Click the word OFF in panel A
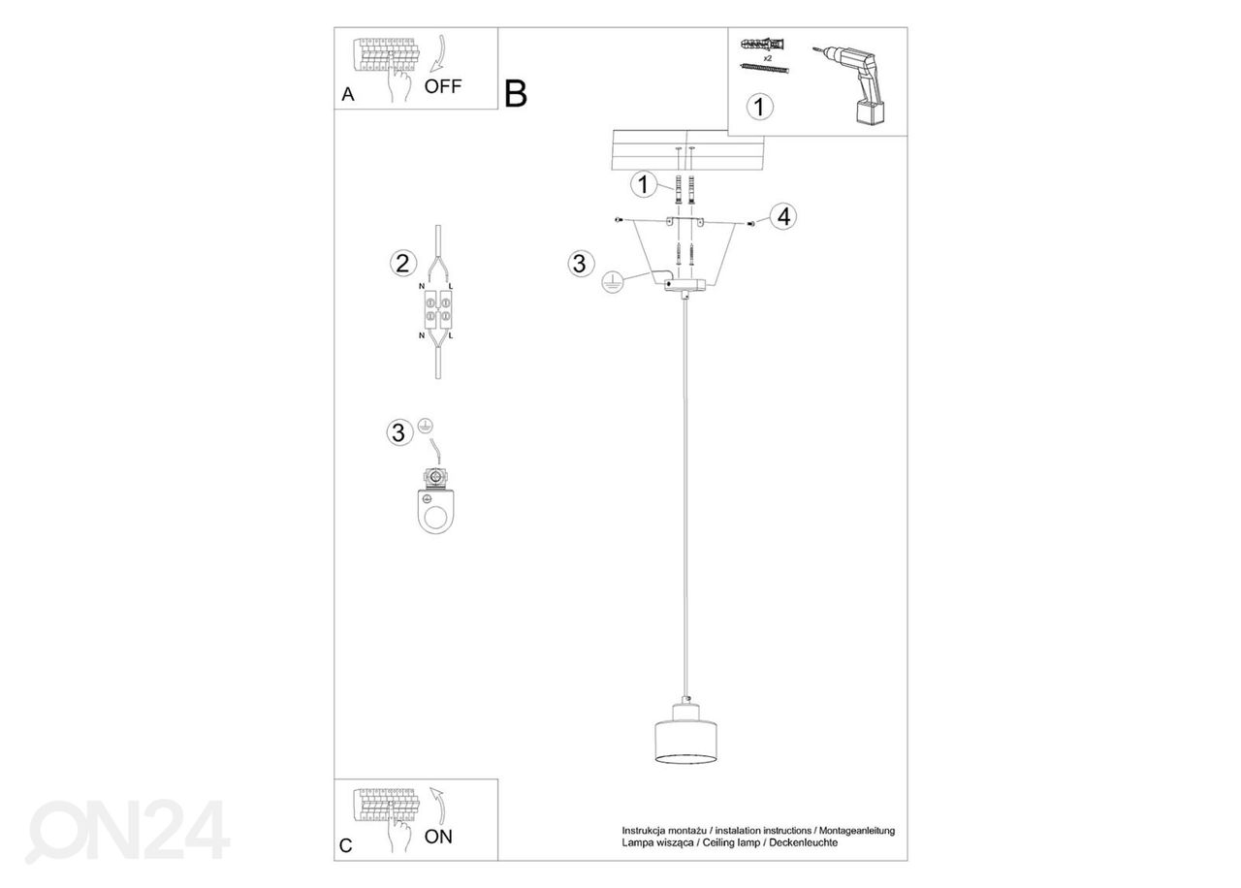click(x=443, y=86)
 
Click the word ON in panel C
click(x=438, y=837)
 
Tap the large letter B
click(x=515, y=94)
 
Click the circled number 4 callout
click(x=783, y=216)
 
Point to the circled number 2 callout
click(x=402, y=263)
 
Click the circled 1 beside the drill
click(x=759, y=107)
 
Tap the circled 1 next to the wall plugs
click(x=643, y=184)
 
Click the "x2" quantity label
click(x=767, y=58)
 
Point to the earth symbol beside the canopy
click(x=612, y=282)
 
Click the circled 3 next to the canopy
click(x=581, y=264)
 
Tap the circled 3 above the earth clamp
click(x=399, y=432)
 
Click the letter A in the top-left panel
click(x=348, y=94)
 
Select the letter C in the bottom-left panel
click(x=346, y=846)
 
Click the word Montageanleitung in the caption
click(x=857, y=831)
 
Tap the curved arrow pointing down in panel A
click(x=439, y=54)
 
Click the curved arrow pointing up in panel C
click(x=439, y=806)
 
